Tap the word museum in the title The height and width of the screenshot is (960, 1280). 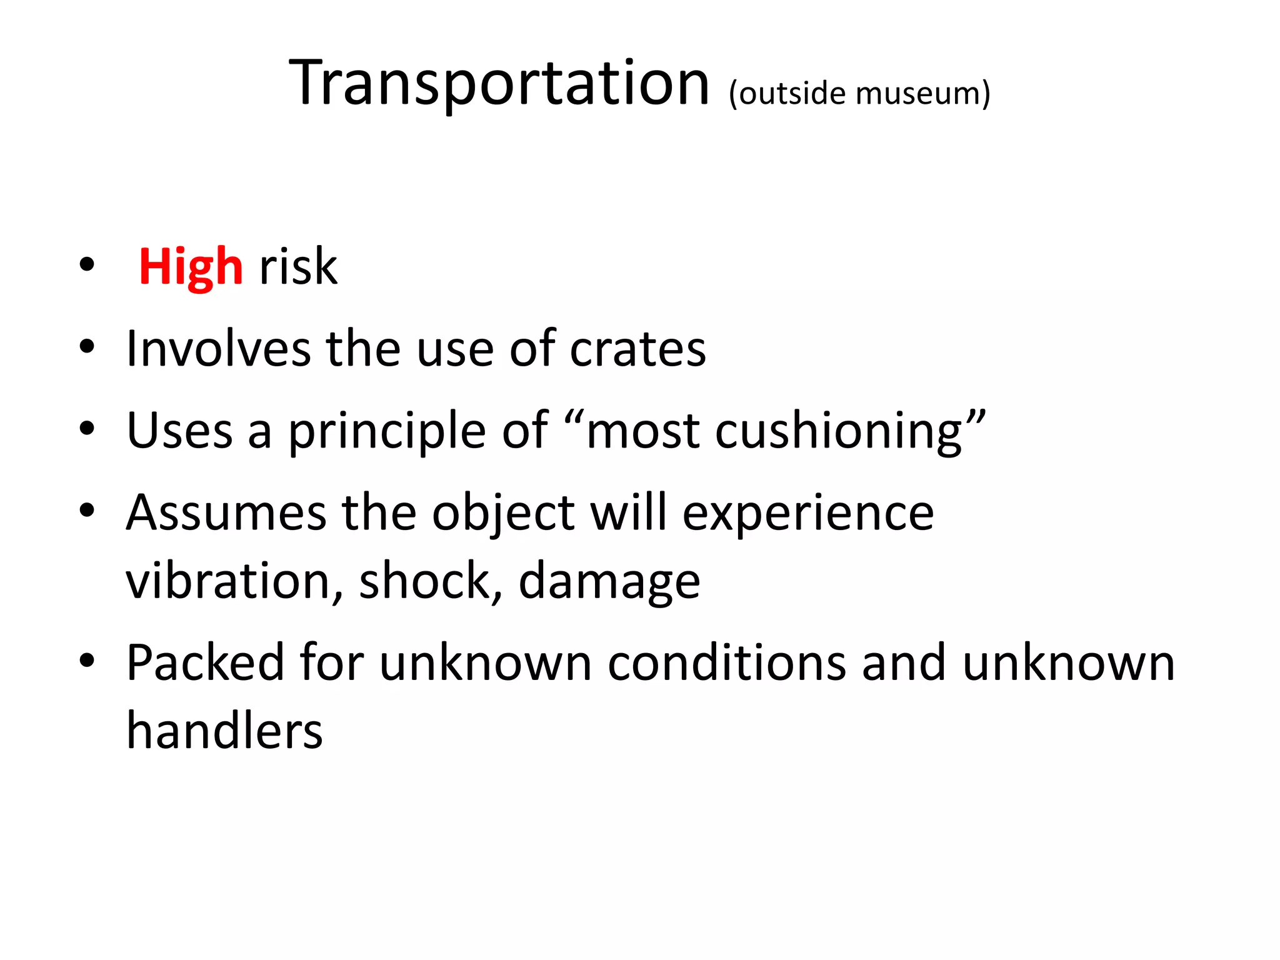point(919,94)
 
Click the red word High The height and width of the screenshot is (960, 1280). point(191,267)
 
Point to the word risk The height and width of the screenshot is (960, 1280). point(298,267)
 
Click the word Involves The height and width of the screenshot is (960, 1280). point(218,349)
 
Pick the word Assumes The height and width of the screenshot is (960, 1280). point(226,512)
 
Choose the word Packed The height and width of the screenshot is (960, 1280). point(206,662)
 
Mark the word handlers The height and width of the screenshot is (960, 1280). point(224,731)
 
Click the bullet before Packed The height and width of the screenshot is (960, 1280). point(87,661)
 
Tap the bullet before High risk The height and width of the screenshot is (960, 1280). point(87,264)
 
